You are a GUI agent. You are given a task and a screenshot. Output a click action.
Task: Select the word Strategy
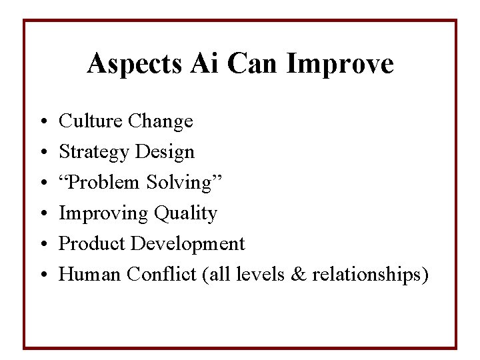(x=93, y=153)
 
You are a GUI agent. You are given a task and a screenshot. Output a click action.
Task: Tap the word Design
(x=165, y=153)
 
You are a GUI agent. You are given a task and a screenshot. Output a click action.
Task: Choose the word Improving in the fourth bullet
(x=103, y=214)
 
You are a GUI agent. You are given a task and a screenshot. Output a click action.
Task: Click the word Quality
(x=185, y=214)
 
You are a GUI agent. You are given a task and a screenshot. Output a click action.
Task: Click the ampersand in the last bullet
(x=299, y=275)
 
